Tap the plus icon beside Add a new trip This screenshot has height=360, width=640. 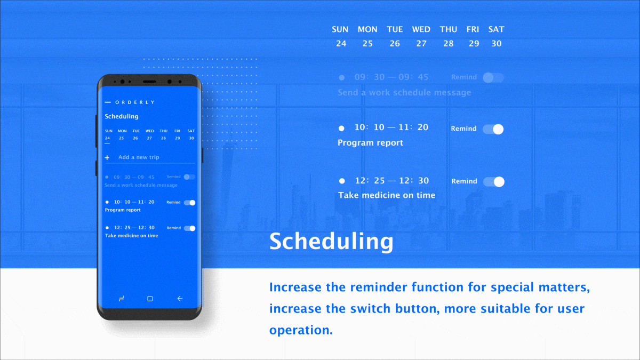click(107, 157)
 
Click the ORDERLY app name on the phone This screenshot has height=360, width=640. click(134, 102)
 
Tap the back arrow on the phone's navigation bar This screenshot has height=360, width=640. click(180, 299)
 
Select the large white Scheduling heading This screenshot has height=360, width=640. click(331, 242)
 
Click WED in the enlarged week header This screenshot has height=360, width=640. click(421, 29)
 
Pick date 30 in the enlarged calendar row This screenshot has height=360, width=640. click(497, 44)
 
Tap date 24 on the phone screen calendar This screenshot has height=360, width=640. click(108, 138)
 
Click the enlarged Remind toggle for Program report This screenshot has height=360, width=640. click(493, 129)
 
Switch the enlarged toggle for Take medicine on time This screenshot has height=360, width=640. click(494, 182)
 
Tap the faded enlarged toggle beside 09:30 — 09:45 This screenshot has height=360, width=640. click(493, 78)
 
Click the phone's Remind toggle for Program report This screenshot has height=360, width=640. click(190, 203)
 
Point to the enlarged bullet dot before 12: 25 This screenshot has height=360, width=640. click(342, 181)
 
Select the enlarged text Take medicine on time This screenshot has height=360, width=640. click(387, 195)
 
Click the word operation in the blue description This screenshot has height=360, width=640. click(301, 330)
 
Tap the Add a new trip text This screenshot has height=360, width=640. click(139, 157)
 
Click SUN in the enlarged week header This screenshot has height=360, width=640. click(340, 29)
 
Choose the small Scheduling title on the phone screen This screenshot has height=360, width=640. click(122, 116)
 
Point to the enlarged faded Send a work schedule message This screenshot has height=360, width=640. click(404, 93)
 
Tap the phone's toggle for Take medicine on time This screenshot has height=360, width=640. click(190, 228)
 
